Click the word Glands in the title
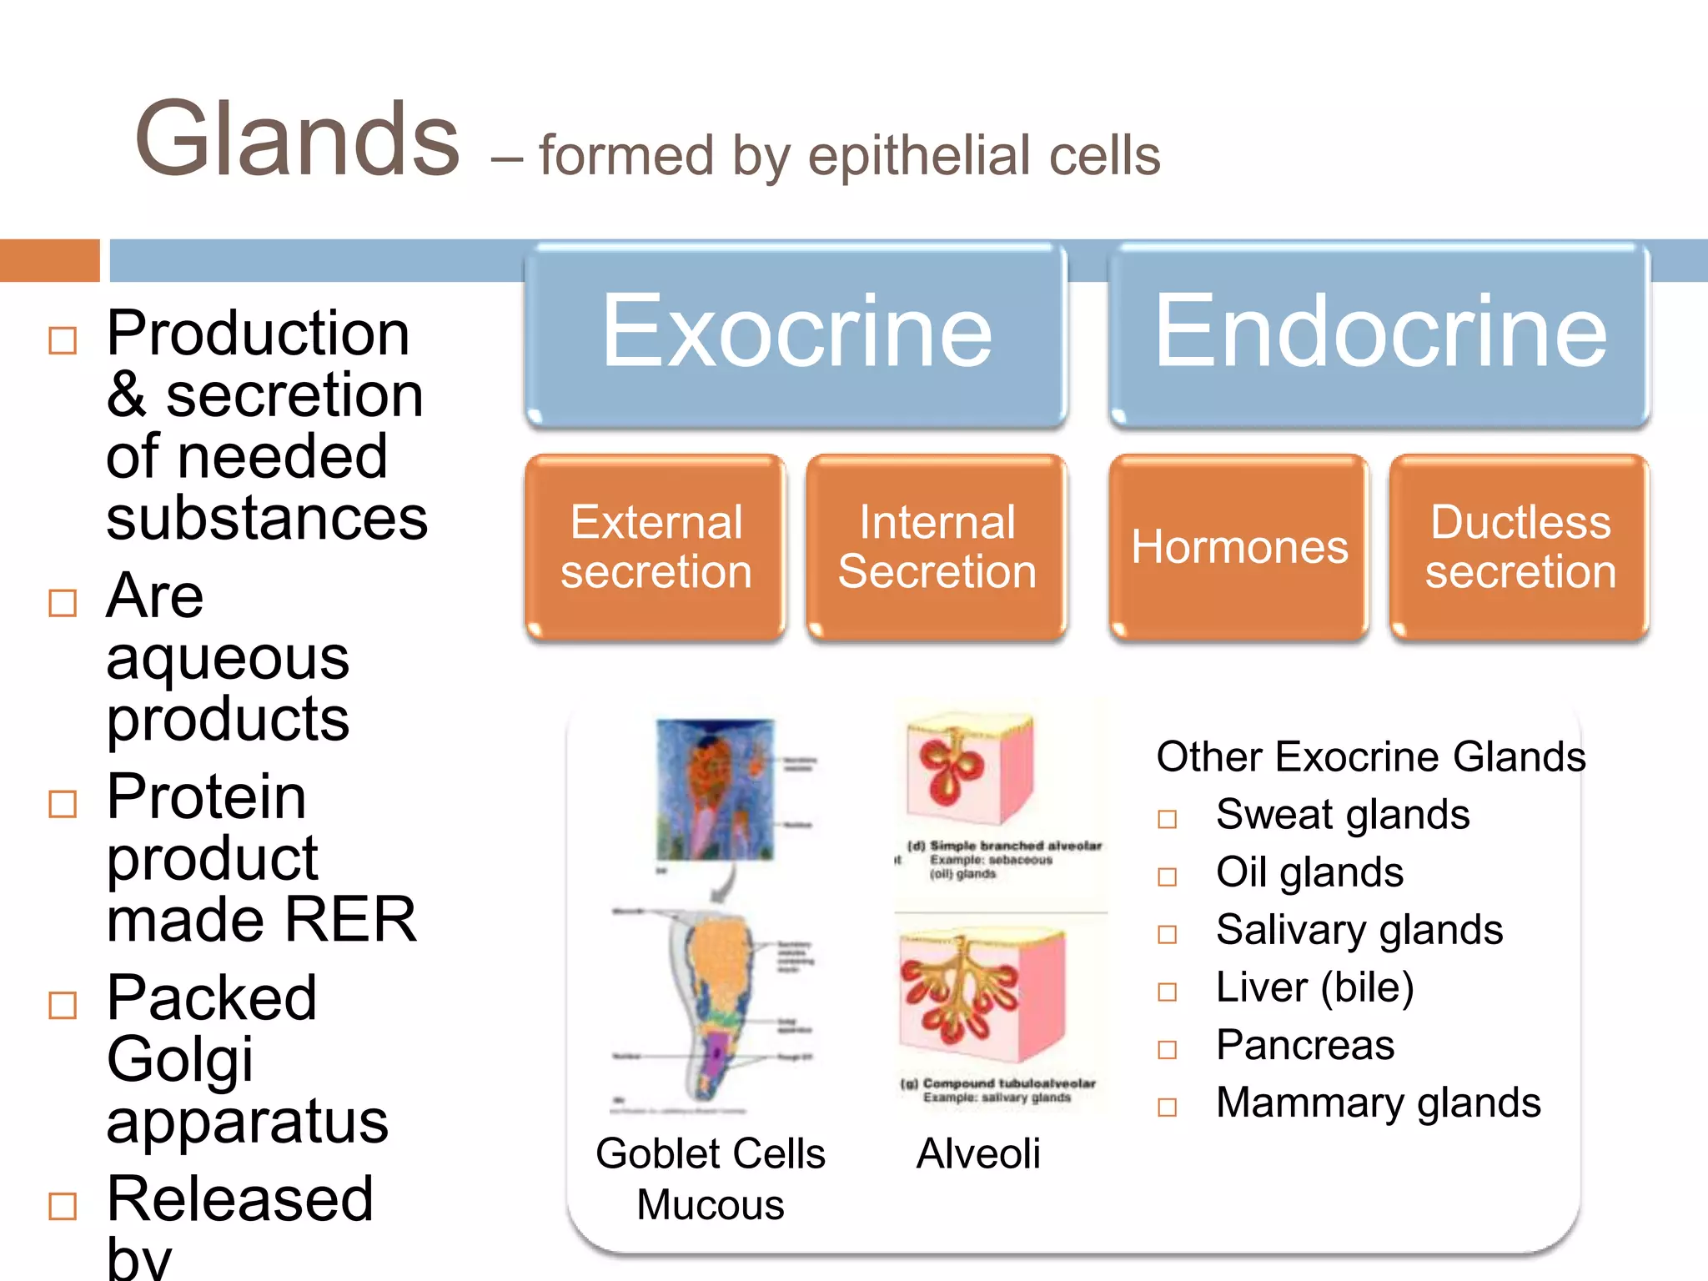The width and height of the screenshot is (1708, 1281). pos(297,140)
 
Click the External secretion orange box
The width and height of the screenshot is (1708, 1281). pos(656,547)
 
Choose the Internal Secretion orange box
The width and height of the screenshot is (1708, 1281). pos(937,547)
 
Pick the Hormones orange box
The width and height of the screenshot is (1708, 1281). pos(1239,547)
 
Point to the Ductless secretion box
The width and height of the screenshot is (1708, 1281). pos(1520,547)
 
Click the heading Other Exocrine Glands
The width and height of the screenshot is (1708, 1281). pos(1370,757)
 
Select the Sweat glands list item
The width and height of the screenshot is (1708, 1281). pos(1342,815)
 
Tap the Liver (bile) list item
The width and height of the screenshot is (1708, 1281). pos(1314,987)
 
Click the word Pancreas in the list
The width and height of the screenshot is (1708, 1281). pos(1304,1045)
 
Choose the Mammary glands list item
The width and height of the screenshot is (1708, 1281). pos(1378,1103)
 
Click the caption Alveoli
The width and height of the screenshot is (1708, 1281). pos(978,1154)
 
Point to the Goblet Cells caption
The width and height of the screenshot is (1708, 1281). pos(710,1154)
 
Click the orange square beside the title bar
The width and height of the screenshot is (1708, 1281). pos(49,260)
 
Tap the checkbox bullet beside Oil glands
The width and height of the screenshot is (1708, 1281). pos(1167,877)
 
